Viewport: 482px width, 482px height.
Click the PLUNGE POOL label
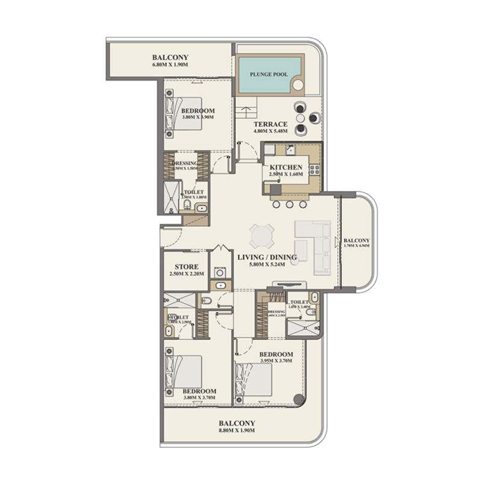click(269, 75)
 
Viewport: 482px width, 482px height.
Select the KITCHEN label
click(286, 167)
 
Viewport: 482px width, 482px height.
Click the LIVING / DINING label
click(267, 258)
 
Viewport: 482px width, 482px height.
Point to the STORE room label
click(187, 266)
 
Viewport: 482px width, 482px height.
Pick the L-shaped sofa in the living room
click(313, 244)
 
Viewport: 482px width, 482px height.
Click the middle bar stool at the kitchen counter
click(288, 204)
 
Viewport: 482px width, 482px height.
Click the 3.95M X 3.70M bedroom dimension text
click(276, 361)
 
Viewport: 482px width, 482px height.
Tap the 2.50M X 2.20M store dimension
click(187, 274)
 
